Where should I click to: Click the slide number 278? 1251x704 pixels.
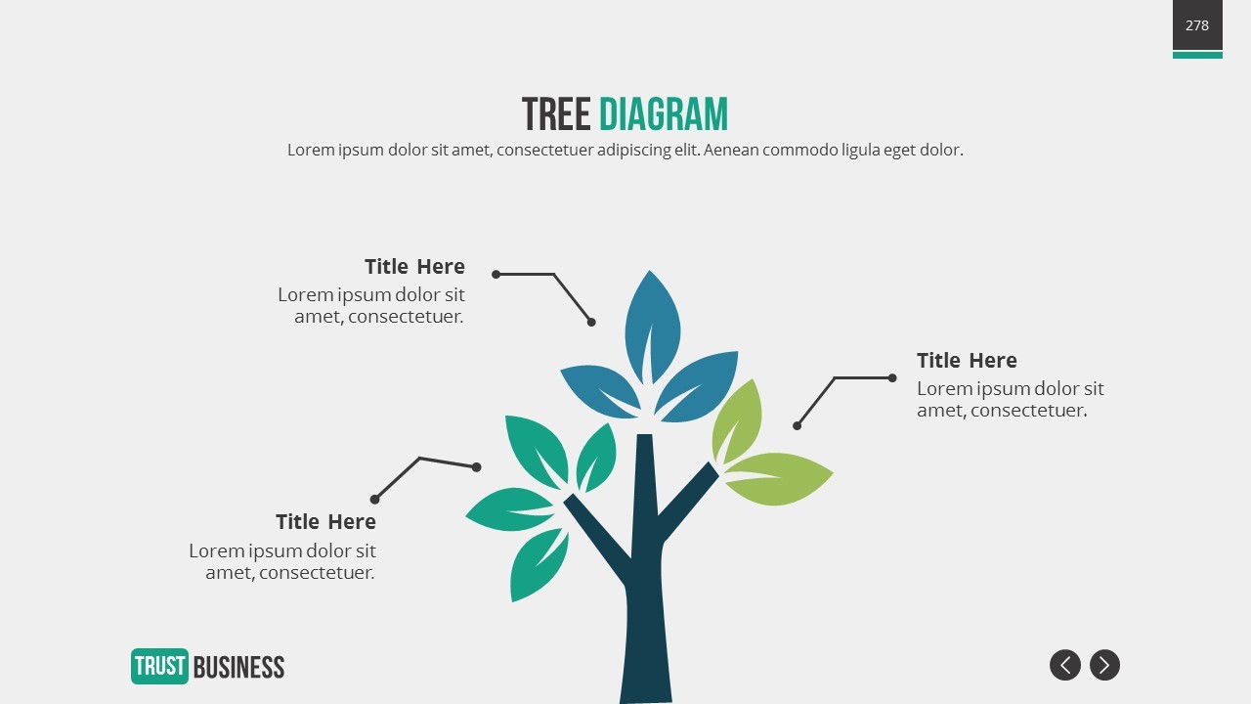click(1197, 25)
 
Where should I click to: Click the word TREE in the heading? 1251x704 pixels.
click(556, 114)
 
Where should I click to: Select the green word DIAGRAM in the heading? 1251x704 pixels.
click(664, 114)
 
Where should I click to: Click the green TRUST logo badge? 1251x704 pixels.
click(159, 666)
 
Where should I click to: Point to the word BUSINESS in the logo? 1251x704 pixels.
click(239, 667)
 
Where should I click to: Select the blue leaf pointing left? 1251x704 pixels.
click(601, 391)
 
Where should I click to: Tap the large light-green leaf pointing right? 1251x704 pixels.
click(778, 478)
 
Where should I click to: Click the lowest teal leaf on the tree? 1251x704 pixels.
click(538, 565)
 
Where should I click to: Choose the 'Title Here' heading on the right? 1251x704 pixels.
click(967, 361)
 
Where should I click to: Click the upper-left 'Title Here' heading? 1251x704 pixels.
click(414, 267)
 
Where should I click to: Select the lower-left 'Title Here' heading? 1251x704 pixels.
click(325, 522)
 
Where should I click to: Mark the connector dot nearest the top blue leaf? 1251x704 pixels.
click(591, 322)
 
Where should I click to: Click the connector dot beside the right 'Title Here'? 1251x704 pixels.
click(892, 378)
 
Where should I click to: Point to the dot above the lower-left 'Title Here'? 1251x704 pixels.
click(374, 500)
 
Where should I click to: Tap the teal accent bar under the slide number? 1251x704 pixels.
click(1197, 55)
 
